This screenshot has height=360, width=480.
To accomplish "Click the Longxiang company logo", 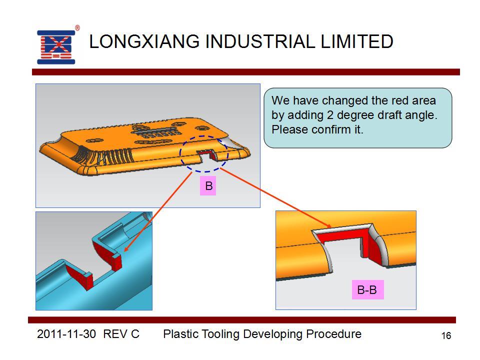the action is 56,47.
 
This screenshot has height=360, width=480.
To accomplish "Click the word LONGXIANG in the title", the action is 144,41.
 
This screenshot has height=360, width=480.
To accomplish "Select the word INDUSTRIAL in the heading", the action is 260,41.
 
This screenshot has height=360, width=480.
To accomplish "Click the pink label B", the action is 208,186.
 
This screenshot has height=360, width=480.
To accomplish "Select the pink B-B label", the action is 367,289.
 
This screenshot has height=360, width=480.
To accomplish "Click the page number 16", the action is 446,336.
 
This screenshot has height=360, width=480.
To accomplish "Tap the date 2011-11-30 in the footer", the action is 66,334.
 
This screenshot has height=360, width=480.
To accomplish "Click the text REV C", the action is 121,334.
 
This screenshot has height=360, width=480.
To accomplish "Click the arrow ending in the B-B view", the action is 275,198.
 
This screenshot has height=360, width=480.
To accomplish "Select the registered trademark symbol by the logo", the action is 77,28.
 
